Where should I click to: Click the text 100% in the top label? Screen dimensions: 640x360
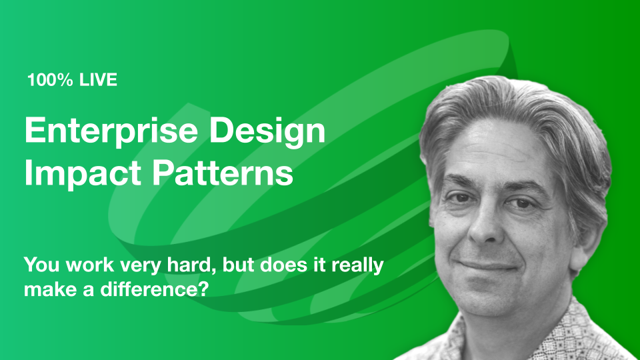50,79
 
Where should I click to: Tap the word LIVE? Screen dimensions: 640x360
99,79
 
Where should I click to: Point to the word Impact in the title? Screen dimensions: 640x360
83,173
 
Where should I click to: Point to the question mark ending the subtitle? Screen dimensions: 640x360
204,289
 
